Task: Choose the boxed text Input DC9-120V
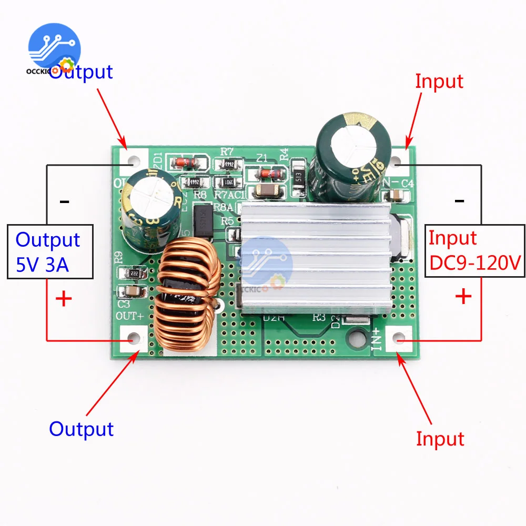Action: tap(474, 251)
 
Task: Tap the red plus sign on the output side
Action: tap(64, 299)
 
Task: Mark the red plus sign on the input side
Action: tap(463, 297)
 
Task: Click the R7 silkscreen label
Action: tap(227, 151)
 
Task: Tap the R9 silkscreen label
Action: tap(119, 258)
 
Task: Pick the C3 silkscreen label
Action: tap(124, 304)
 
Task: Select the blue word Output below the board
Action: tap(82, 429)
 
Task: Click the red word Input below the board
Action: tap(440, 438)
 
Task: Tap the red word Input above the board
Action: tap(439, 82)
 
